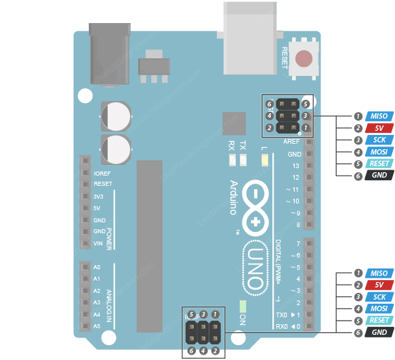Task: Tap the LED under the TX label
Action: point(243,161)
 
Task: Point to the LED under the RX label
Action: point(232,161)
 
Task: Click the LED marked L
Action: point(264,161)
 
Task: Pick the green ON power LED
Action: point(243,306)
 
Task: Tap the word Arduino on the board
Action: point(234,197)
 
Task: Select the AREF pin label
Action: point(291,142)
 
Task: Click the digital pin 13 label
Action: point(295,166)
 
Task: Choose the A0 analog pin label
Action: point(97,267)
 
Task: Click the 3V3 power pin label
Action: point(99,197)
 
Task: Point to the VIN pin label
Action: point(99,243)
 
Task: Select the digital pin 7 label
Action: point(297,243)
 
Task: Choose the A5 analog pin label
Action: point(97,326)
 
